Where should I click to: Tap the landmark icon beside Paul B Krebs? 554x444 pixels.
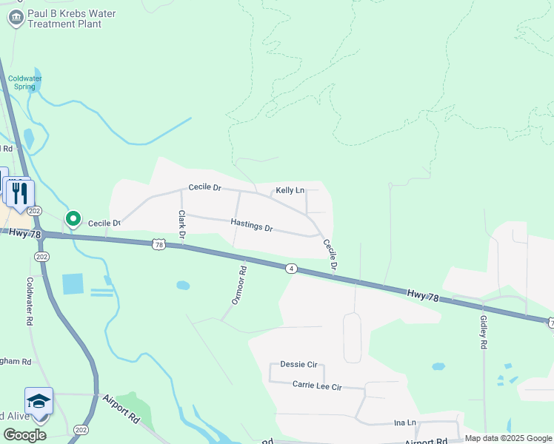16,18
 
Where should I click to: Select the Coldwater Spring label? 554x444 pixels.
25,82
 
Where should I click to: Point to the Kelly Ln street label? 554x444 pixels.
290,190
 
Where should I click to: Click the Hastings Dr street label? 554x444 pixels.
252,225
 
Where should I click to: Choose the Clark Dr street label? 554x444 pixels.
181,224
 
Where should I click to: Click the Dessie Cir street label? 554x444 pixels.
298,364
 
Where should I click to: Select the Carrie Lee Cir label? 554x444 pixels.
317,386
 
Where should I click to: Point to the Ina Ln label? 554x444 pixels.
405,423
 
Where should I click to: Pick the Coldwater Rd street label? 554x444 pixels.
30,302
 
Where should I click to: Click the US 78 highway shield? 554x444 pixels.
158,243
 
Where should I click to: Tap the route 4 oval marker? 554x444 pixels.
293,269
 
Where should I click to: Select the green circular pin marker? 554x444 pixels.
73,218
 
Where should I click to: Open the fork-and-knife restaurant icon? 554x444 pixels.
21,194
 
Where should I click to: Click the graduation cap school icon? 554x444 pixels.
39,401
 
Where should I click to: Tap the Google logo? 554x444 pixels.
24,434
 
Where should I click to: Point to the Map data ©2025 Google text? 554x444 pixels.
509,439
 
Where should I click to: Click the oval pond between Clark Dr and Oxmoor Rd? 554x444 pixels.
183,285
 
